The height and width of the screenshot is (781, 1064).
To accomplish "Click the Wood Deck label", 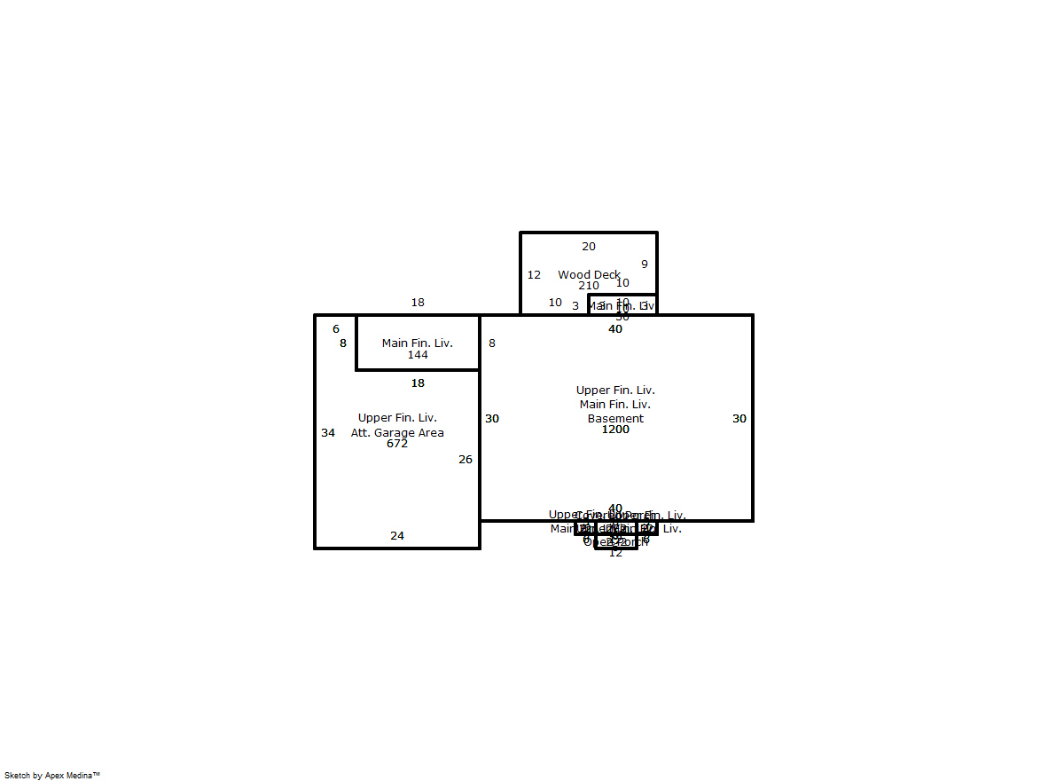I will coord(589,275).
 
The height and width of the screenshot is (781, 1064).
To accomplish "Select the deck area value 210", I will coord(589,286).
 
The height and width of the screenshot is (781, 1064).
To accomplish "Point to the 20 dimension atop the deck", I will coord(589,247).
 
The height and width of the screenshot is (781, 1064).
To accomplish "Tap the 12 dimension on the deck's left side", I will coord(534,275).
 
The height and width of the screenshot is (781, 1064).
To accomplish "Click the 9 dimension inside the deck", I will coord(645,264).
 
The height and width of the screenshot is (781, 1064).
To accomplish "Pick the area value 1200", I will coord(615,430).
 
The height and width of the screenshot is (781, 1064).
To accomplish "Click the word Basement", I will coord(615,419).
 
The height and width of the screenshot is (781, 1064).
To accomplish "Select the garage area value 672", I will coord(397,444).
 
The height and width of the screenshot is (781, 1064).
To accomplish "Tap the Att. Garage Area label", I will coord(397,433).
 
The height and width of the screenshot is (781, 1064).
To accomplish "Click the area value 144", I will coord(418,355).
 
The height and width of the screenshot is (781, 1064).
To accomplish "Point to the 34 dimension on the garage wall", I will coord(328,433).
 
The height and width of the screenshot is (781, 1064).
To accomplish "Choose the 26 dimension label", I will coord(465,460).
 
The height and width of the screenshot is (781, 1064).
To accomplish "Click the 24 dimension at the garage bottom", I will coord(397,536).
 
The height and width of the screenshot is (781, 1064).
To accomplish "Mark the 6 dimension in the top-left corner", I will coord(336,329).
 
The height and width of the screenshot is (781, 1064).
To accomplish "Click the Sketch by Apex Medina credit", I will coord(52,775).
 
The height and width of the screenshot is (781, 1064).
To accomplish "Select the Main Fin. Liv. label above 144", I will coord(418,343).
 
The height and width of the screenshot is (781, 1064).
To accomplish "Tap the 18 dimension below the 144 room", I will coord(418,383).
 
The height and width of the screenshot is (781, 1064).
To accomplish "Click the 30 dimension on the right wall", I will coord(739,419).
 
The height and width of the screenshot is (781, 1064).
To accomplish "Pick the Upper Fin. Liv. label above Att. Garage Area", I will coord(397,418).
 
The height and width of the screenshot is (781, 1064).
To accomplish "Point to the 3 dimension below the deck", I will coord(575,306).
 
